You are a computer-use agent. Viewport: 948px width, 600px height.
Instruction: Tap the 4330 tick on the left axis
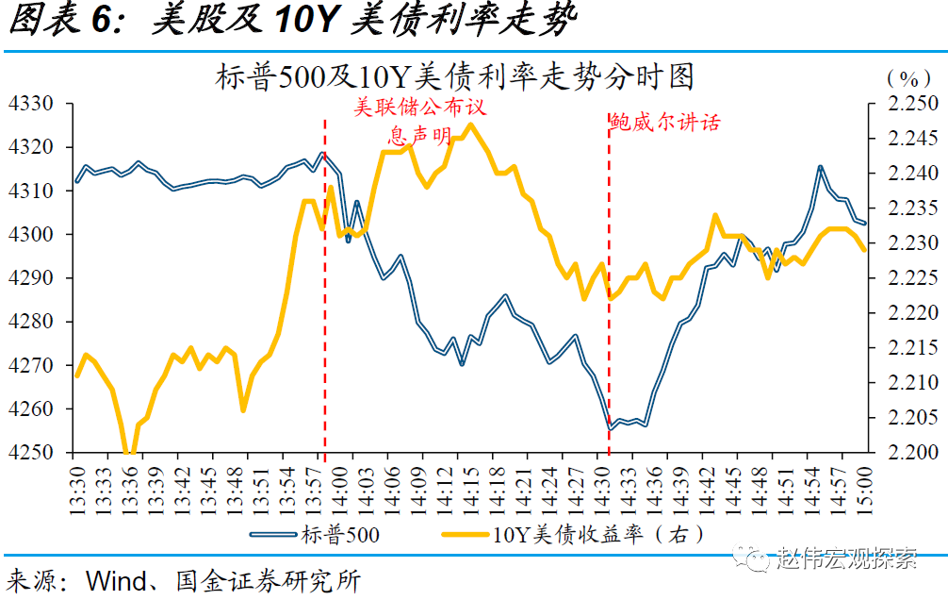tap(33, 104)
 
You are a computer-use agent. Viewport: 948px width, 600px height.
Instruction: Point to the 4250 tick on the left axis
tap(33, 453)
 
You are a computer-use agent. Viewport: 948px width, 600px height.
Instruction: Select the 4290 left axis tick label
tap(33, 278)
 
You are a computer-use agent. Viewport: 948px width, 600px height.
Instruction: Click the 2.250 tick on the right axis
tap(912, 104)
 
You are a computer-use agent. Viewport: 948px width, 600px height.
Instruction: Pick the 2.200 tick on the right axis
tap(912, 453)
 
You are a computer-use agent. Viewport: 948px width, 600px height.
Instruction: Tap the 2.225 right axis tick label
tap(912, 278)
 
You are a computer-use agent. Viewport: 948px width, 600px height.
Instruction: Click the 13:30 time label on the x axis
tap(77, 487)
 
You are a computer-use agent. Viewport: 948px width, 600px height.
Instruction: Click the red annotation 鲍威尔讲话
tap(665, 123)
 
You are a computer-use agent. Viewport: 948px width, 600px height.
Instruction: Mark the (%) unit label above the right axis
tap(907, 77)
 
